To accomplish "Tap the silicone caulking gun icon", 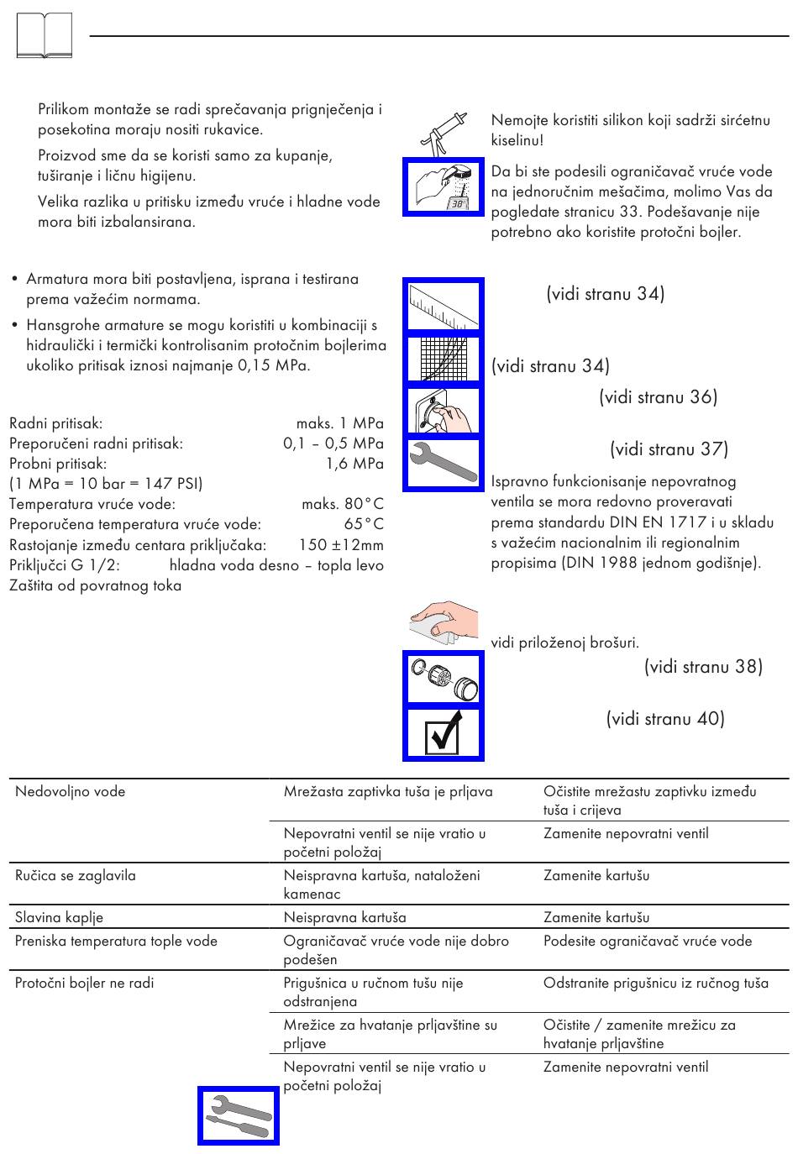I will coord(442,134).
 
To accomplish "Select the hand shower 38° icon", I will coord(444,187).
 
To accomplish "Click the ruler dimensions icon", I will coord(444,305).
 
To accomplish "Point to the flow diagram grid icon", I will coord(444,359).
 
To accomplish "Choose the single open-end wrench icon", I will coord(444,463).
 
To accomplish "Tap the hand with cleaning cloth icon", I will coord(444,622).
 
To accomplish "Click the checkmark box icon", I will coord(444,733).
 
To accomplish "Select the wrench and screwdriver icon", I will coord(239,1115).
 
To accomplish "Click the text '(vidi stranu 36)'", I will coord(658,397).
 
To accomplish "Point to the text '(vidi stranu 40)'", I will coord(665,719).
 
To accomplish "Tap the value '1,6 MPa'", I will coord(354,463).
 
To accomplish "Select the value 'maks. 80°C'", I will coord(342,504).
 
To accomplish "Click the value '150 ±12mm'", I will coord(341,544).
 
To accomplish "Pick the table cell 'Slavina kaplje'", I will coord(60,917).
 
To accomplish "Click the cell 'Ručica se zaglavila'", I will coord(76,875).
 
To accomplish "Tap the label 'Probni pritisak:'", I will coord(58,463).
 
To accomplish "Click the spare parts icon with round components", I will coord(444,678).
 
